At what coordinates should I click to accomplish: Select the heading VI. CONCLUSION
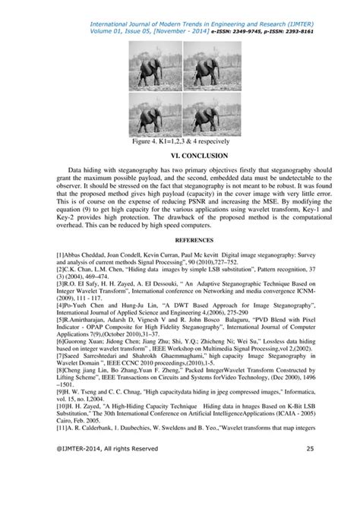coord(180,156)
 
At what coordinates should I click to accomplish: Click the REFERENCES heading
coord(180,245)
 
